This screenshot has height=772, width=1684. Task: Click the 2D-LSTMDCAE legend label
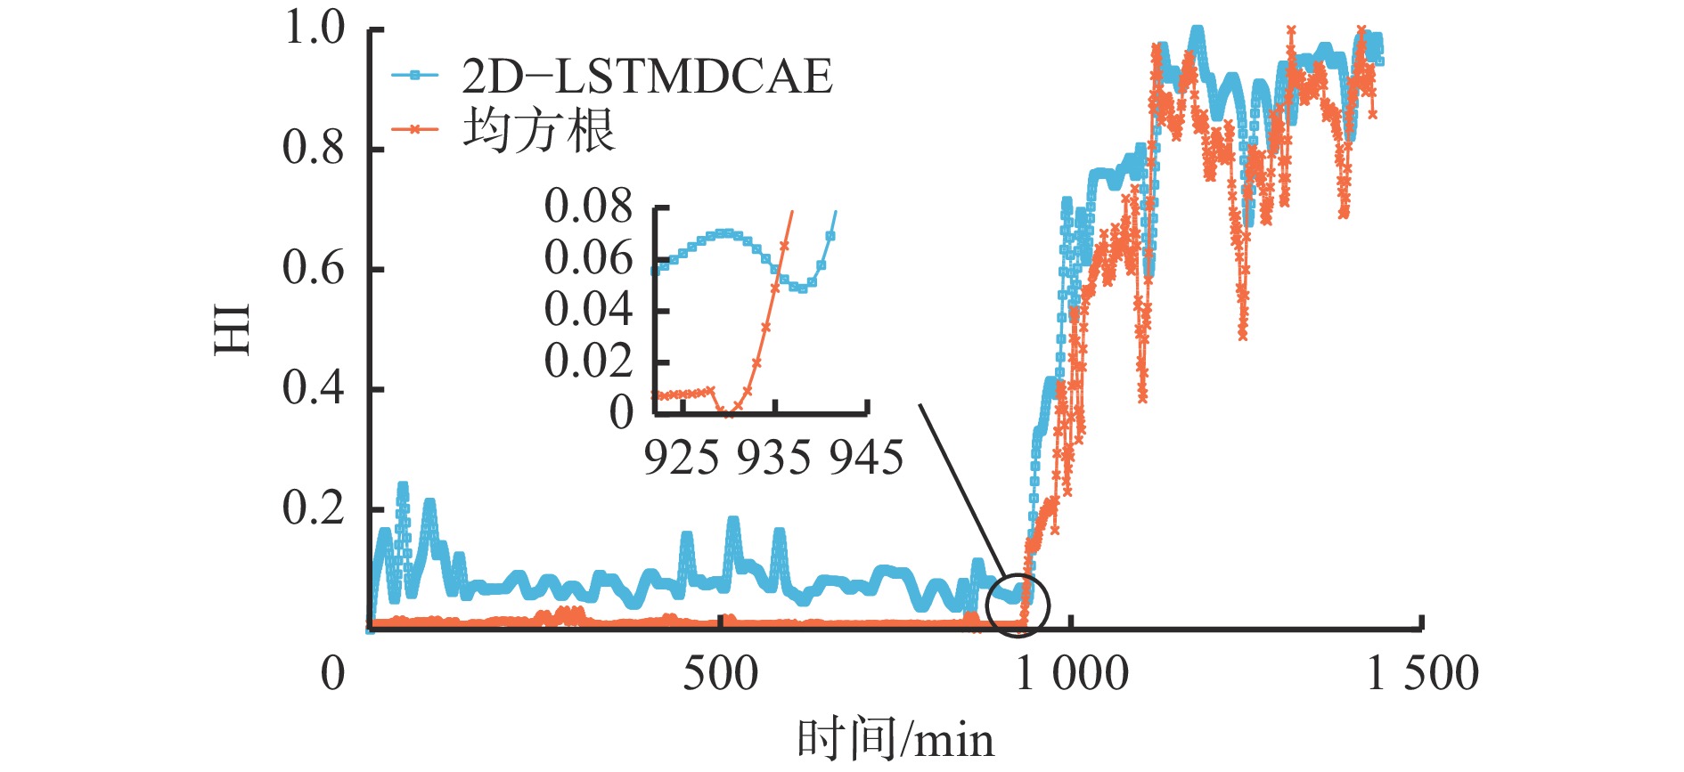(x=647, y=77)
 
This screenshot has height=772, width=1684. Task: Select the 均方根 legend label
(x=538, y=130)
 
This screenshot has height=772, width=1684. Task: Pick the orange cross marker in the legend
(x=415, y=130)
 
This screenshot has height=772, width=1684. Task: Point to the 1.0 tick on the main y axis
(x=314, y=28)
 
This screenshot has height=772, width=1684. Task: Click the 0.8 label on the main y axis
(x=314, y=149)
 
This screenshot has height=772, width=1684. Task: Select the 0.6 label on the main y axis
(x=314, y=269)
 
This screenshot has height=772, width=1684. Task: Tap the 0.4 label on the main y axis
(x=314, y=389)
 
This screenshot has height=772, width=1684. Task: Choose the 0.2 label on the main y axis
(x=314, y=509)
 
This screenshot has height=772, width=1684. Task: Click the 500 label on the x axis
(x=720, y=674)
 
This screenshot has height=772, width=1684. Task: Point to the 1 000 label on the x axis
(x=1071, y=674)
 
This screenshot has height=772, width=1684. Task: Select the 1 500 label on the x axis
(x=1422, y=674)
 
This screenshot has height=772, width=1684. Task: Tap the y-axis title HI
(x=233, y=329)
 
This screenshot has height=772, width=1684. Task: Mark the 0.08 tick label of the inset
(x=588, y=207)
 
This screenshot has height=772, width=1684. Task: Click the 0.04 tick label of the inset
(x=588, y=310)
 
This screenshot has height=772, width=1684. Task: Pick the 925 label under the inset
(x=682, y=459)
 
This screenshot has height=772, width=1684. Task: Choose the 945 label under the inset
(x=866, y=459)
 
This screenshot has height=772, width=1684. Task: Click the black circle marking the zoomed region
(x=1018, y=605)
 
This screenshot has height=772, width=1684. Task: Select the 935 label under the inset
(x=774, y=459)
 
